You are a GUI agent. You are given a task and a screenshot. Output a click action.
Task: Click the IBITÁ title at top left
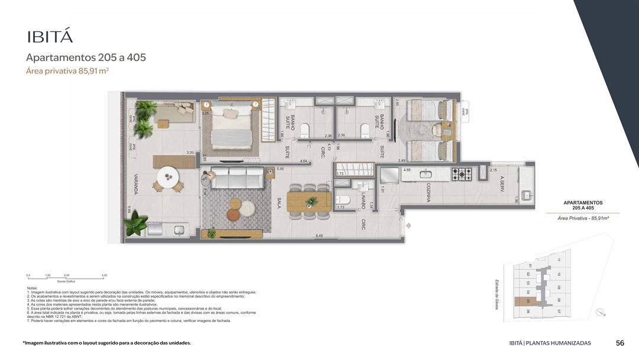(50, 36)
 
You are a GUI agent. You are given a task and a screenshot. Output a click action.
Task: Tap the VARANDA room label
(135, 184)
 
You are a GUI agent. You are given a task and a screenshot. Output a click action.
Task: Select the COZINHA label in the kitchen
(427, 192)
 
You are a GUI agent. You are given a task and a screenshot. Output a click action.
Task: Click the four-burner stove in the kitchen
(462, 174)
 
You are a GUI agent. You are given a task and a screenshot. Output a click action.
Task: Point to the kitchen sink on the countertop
(426, 174)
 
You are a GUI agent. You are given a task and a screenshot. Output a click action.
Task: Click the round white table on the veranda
(169, 176)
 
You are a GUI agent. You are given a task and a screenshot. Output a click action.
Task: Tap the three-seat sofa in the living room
(238, 178)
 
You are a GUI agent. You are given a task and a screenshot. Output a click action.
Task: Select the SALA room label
(279, 205)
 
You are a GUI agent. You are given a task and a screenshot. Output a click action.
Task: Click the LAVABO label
(363, 200)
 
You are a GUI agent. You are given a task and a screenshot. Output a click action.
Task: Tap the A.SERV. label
(501, 183)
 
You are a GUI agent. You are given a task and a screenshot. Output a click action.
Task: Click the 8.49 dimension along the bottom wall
(319, 236)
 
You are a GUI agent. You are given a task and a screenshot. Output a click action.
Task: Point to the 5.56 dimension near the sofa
(280, 169)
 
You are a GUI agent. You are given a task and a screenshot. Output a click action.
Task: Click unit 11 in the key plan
(559, 260)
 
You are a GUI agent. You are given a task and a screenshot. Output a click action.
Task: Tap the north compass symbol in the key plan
(601, 312)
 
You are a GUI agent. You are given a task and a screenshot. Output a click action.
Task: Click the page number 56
(620, 343)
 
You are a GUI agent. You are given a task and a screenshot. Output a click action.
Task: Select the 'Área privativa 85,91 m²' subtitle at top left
(67, 71)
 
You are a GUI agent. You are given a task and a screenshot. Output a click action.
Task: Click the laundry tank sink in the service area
(525, 194)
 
